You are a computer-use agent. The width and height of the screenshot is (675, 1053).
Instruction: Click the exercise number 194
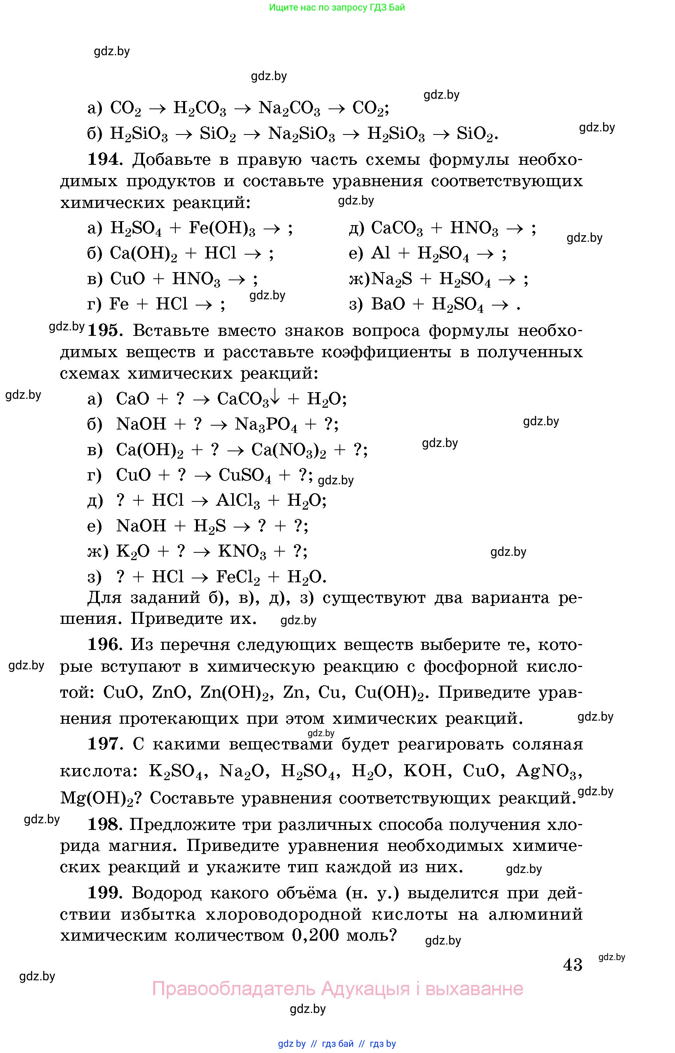point(103,159)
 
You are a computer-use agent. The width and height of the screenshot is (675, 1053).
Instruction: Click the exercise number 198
point(104,824)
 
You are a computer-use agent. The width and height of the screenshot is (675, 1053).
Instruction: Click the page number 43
point(572,964)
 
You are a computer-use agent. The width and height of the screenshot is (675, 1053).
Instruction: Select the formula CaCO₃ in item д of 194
point(397,228)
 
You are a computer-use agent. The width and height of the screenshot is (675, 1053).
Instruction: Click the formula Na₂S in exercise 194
point(392,279)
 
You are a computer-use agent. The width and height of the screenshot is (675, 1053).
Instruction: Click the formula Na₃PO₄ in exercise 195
point(266,424)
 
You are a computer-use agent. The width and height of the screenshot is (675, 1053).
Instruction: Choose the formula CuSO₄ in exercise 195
point(245,475)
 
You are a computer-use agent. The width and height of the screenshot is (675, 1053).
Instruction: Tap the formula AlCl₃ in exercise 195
point(238,501)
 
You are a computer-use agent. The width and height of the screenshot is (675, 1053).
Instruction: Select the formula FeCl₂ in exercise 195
point(238,577)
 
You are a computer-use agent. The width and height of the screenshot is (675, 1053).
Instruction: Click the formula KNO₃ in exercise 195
point(242,552)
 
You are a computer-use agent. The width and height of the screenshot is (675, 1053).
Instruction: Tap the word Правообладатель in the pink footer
point(233,988)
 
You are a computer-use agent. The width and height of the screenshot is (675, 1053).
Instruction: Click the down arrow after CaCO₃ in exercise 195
point(275,397)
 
